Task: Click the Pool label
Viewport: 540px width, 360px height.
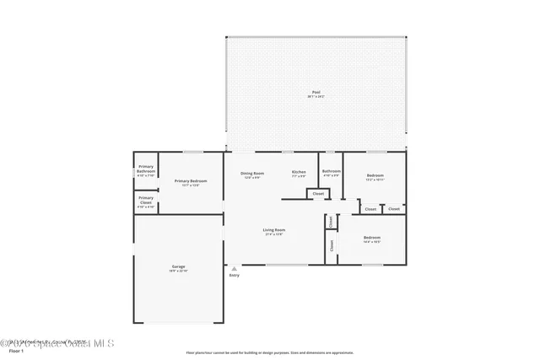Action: pos(316,92)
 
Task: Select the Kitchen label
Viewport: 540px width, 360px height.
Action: pos(299,172)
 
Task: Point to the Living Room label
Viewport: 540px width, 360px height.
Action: pos(274,229)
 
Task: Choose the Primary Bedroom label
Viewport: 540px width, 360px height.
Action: pos(191,180)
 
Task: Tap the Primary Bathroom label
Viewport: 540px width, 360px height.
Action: pos(146,169)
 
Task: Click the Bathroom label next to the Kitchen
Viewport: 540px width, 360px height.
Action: pos(331,172)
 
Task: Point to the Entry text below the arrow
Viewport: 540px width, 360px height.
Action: pos(234,276)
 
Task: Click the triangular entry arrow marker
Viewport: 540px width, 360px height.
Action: pos(234,269)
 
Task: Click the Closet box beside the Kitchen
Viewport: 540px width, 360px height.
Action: pos(318,194)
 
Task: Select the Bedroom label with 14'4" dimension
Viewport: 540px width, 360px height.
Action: pos(372,237)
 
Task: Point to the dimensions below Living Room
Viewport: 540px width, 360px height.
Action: pos(274,234)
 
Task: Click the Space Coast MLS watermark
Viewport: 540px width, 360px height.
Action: pos(63,343)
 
